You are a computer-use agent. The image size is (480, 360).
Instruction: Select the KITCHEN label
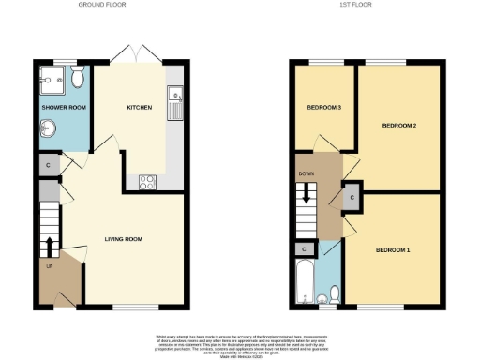pos(140,107)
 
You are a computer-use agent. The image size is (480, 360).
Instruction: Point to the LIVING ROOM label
pos(123,239)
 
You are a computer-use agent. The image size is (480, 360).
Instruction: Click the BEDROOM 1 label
pos(393,250)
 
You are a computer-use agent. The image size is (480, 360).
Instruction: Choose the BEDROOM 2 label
pos(399,125)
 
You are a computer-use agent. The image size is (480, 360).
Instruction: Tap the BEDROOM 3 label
pos(323,107)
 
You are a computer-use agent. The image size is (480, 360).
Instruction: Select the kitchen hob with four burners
pos(148,182)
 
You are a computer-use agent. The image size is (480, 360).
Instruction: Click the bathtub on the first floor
pos(304,282)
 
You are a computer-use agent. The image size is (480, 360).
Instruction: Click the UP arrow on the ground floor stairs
pos(48,247)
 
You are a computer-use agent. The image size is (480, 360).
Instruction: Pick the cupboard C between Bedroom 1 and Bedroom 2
pos(352,199)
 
